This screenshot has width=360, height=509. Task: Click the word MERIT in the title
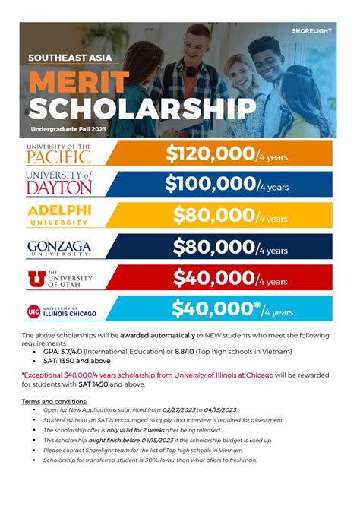[81, 82]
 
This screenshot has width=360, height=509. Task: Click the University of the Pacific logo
[59, 153]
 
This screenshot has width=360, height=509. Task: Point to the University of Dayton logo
[59, 184]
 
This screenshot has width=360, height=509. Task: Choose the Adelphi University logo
[59, 215]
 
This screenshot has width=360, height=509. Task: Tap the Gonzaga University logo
[59, 247]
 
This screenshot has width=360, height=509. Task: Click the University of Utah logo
[59, 279]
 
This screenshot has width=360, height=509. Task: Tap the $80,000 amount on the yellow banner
[213, 216]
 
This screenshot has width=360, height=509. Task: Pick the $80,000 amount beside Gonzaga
[213, 247]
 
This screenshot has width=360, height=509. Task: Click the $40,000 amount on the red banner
[213, 278]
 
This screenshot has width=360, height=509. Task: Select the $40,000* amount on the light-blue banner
[216, 309]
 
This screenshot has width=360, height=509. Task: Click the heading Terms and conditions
[54, 401]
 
